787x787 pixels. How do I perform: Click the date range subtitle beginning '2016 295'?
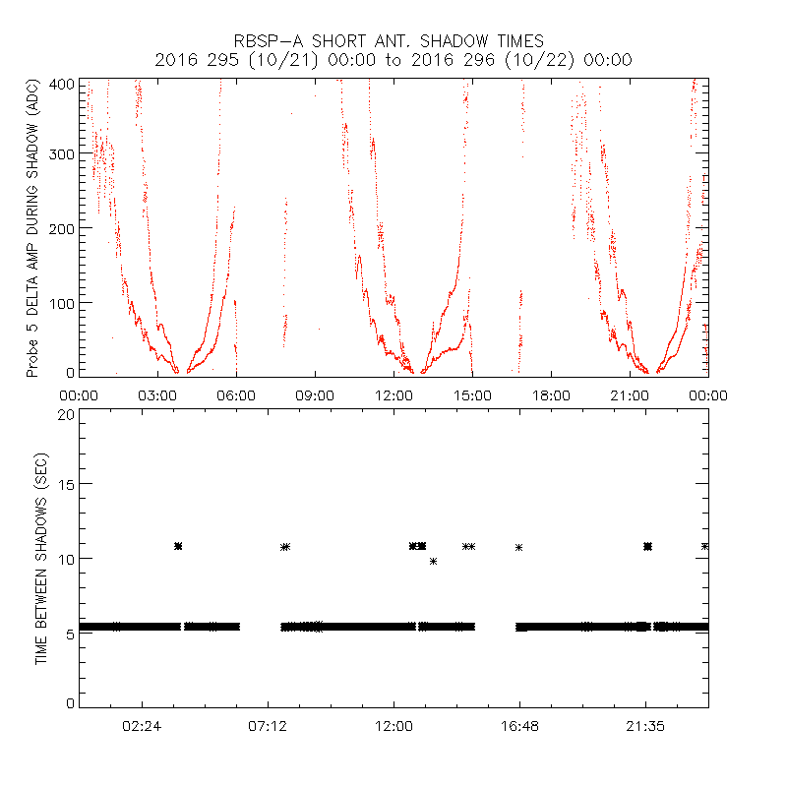pos(393,60)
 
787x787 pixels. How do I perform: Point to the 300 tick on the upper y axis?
pos(60,155)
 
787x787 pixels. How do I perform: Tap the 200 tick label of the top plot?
pos(60,228)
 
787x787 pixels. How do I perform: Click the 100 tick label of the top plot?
pos(60,301)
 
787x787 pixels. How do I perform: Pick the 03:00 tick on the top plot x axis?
pos(157,394)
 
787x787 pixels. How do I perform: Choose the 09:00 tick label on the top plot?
pos(315,394)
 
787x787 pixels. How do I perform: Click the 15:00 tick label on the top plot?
pos(472,394)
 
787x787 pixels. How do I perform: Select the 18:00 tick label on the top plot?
pos(551,394)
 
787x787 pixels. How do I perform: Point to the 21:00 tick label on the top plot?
pos(630,394)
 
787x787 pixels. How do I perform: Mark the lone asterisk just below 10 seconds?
pos(433,561)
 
